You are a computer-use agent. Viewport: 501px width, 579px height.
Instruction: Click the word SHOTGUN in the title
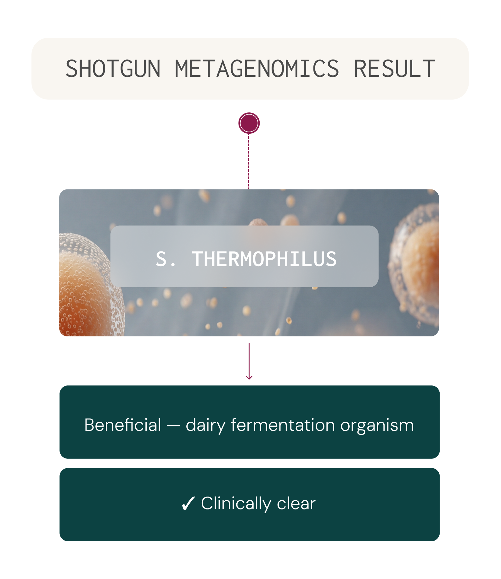113,69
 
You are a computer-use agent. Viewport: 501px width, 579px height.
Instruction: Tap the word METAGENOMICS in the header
257,69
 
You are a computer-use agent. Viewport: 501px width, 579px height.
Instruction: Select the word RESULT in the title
394,69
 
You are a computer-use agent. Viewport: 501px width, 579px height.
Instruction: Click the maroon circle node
249,123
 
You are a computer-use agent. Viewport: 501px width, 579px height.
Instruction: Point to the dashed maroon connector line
249,161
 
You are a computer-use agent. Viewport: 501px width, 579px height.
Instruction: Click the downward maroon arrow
249,361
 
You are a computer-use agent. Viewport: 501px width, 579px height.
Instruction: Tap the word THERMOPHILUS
264,259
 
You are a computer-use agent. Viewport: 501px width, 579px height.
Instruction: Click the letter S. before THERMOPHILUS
166,259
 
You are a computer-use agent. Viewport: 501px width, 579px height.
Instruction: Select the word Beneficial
123,425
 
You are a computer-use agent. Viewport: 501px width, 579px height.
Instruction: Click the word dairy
206,426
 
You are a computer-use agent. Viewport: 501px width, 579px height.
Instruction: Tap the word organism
377,426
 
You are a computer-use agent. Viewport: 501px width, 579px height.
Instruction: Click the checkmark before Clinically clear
188,503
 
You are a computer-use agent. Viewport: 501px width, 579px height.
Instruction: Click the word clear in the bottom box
296,503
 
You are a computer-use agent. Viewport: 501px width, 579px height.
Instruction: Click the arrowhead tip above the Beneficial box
249,379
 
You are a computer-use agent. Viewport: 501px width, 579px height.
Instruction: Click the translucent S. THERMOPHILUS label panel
244,256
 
